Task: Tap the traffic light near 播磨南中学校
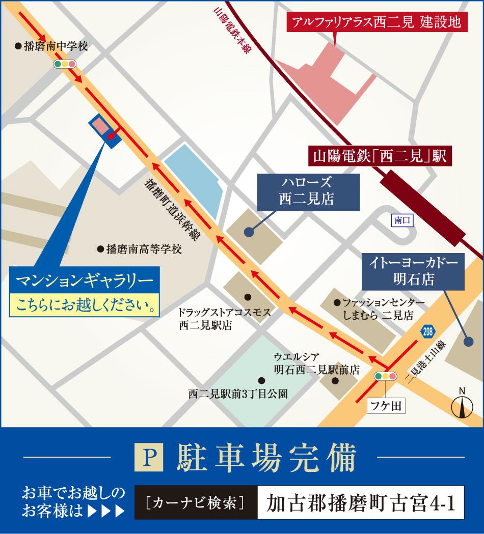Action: tap(65, 64)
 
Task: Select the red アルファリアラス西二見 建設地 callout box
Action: tap(377, 22)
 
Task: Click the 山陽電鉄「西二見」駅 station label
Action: tap(380, 155)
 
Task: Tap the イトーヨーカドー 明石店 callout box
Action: tap(413, 271)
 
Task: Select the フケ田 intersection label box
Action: tap(386, 405)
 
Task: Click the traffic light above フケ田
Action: tap(386, 377)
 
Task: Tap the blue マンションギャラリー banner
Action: tap(85, 280)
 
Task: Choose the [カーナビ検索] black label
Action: tap(196, 503)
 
